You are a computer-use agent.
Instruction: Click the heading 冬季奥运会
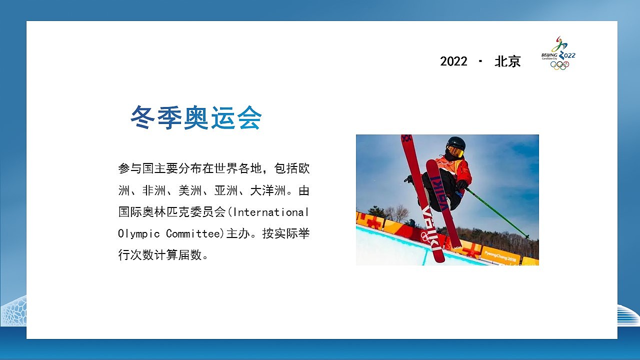196,118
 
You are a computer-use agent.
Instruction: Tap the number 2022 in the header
453,61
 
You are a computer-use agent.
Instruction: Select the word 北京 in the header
507,61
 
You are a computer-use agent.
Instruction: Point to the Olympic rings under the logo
559,65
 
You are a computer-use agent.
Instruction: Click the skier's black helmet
456,143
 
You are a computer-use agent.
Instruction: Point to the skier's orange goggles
455,151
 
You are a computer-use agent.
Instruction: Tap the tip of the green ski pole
526,236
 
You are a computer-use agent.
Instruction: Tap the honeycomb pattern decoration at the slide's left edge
13,311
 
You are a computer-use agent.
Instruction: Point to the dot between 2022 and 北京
481,61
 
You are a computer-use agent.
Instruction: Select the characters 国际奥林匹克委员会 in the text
172,212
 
